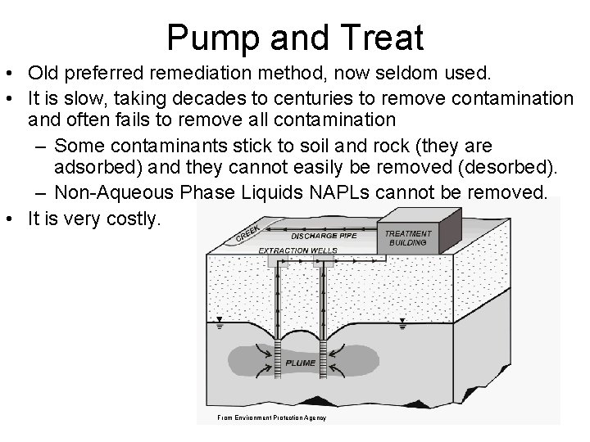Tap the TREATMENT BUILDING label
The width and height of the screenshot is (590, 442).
(x=407, y=238)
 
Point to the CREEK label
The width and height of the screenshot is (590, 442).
(x=249, y=232)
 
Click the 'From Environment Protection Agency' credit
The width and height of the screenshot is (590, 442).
(x=271, y=418)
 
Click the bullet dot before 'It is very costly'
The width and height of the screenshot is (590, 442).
(x=11, y=219)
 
